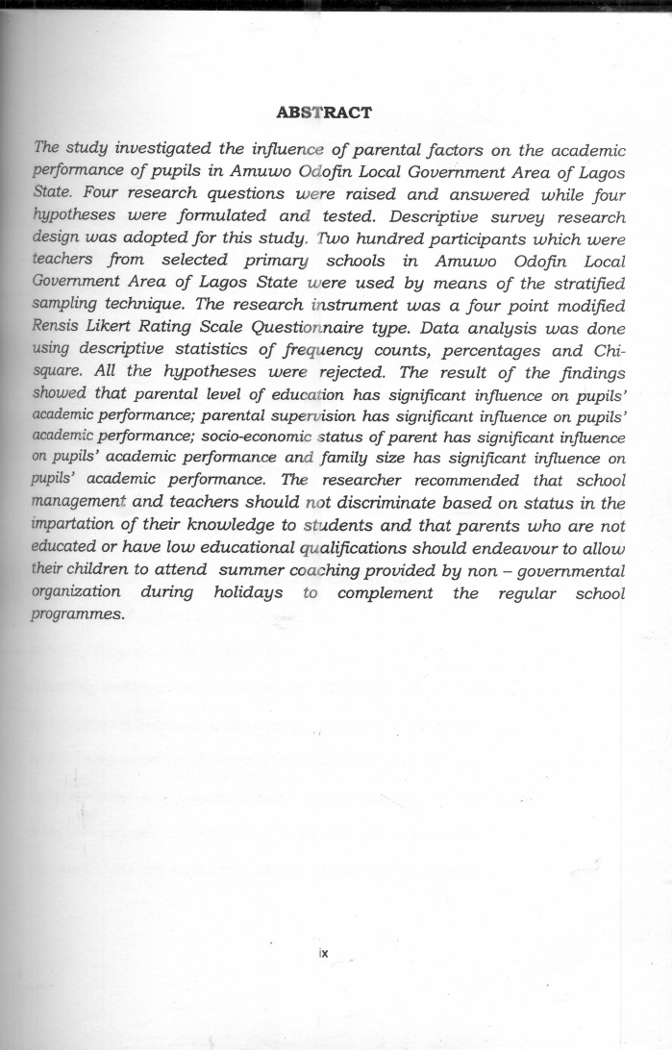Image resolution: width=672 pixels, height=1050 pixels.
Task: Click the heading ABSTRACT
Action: pos(323,113)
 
